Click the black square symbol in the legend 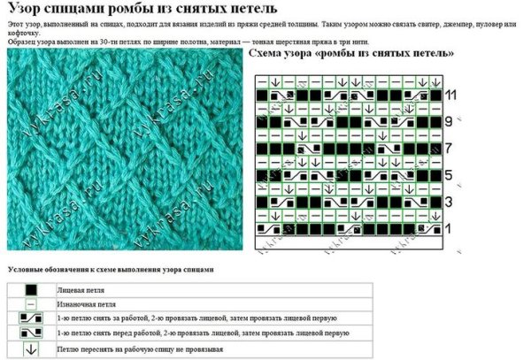click(x=31, y=288)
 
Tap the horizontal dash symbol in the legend click(x=31, y=303)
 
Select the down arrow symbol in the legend click(x=31, y=349)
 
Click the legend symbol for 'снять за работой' click(x=31, y=318)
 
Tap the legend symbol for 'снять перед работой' click(x=31, y=333)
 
